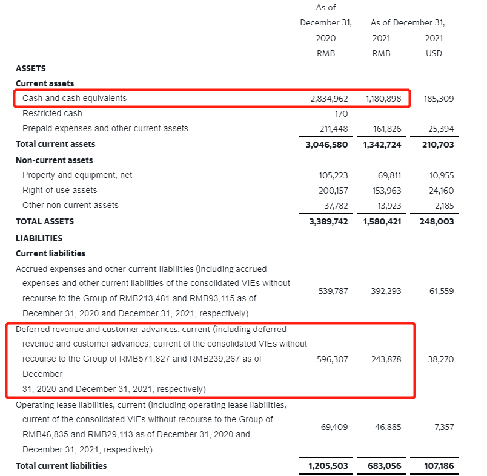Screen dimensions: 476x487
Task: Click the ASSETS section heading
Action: click(31, 68)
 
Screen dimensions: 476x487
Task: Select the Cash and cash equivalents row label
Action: click(75, 98)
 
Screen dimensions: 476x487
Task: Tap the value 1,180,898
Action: click(383, 98)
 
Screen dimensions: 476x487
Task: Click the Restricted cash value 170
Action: click(341, 113)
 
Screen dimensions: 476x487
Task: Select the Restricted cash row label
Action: click(52, 113)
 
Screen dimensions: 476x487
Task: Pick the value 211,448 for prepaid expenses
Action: click(333, 128)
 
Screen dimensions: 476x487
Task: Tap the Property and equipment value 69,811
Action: click(388, 175)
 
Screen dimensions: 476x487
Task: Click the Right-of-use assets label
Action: click(59, 190)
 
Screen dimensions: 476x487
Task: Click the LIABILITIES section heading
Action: click(39, 238)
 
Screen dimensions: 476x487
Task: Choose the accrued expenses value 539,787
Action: click(333, 291)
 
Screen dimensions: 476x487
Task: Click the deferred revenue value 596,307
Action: click(333, 359)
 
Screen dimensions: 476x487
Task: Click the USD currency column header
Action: click(434, 53)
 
